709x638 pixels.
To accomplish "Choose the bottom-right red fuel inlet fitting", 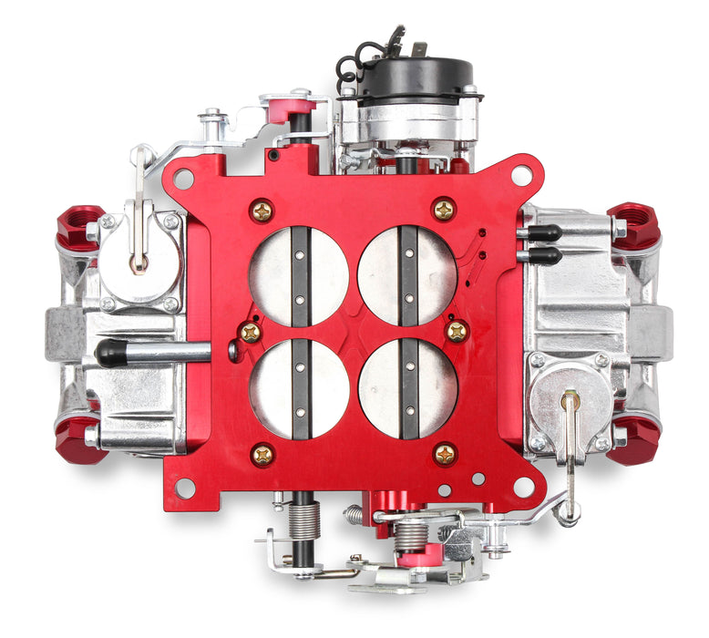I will click(633, 442).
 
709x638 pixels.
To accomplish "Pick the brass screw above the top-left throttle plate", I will click(262, 211).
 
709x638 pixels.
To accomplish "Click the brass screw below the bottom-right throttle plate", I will click(445, 453).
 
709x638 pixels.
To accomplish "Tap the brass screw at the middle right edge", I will click(457, 331).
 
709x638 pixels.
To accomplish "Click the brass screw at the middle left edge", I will click(249, 333).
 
